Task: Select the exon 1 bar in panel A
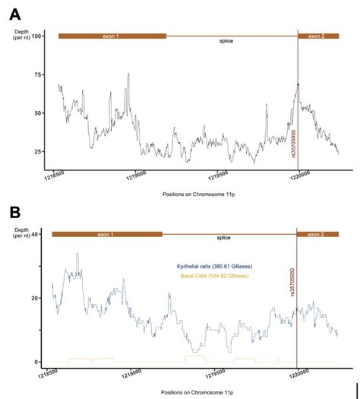pos(112,36)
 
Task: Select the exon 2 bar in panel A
pos(318,36)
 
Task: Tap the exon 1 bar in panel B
pos(107,234)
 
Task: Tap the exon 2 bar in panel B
pos(318,234)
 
